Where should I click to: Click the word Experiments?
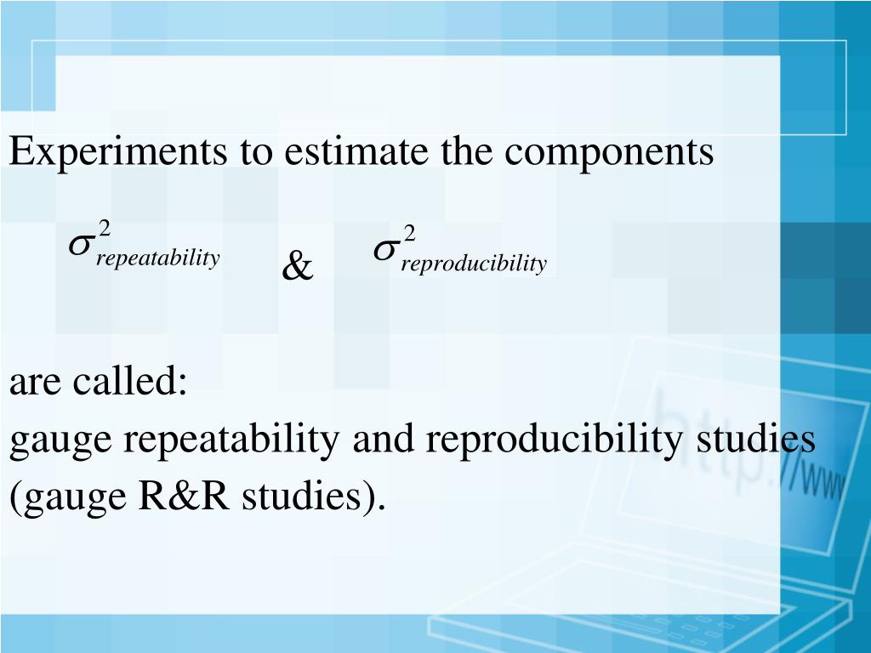point(117,153)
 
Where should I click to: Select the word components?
point(610,153)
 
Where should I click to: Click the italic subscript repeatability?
point(158,258)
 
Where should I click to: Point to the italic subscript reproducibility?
point(474,264)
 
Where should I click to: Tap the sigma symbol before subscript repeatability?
point(81,245)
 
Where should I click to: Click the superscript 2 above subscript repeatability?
point(104,228)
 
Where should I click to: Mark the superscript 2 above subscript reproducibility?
point(409,233)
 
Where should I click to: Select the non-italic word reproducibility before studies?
point(555,440)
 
